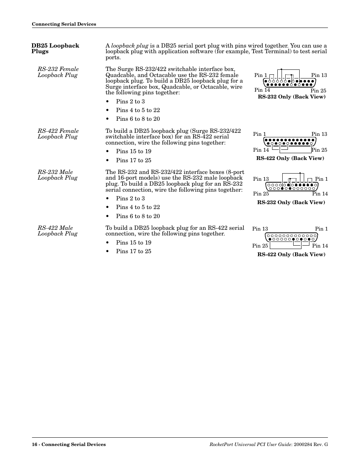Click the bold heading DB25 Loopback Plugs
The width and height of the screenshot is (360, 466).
(x=55, y=48)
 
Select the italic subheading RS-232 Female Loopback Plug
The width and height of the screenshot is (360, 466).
(x=58, y=72)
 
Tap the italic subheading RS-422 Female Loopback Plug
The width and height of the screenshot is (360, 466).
(x=58, y=134)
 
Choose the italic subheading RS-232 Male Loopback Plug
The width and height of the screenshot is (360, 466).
(x=57, y=175)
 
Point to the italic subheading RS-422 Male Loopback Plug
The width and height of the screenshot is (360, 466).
(x=57, y=231)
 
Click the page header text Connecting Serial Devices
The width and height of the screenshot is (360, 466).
(x=64, y=24)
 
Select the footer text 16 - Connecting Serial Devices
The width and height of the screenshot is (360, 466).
(x=69, y=444)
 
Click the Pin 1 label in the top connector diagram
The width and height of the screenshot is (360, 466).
(x=260, y=75)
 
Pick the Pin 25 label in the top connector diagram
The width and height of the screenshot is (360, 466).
(x=318, y=91)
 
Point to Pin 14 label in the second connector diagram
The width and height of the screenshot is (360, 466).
(x=261, y=150)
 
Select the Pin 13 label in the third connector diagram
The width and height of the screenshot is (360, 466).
(x=261, y=179)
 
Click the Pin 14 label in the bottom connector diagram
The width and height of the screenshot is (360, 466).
(x=320, y=246)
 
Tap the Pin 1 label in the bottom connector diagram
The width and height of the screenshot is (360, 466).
(x=321, y=229)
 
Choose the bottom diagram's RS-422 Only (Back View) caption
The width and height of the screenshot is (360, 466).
(x=291, y=254)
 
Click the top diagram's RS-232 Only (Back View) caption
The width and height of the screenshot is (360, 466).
(x=291, y=97)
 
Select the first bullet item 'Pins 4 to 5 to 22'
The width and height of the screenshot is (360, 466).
(x=138, y=110)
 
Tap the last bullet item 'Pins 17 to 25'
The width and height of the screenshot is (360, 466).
(x=134, y=251)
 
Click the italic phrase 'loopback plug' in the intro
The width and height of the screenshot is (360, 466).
(x=129, y=46)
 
